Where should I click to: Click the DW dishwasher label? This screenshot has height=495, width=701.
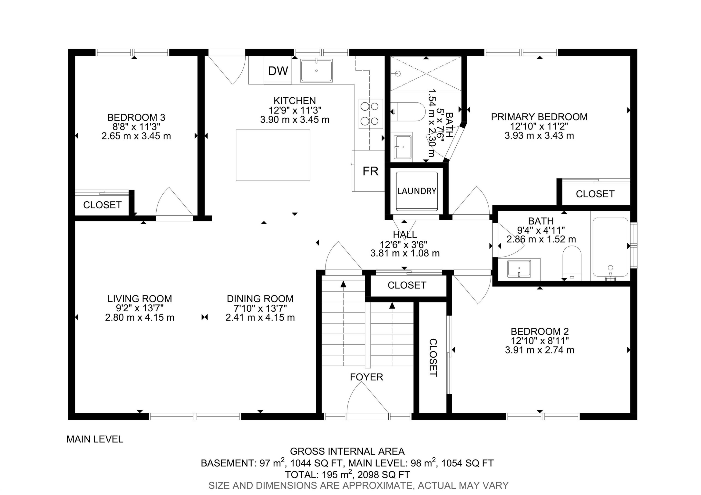tap(278, 71)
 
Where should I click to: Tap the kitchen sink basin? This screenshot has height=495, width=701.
tap(316, 71)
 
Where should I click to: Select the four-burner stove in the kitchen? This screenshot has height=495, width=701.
tap(371, 114)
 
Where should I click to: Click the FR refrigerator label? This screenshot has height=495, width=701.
tap(370, 171)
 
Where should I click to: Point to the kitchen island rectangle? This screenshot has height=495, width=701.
tap(273, 155)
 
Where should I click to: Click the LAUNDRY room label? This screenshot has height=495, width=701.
tap(417, 191)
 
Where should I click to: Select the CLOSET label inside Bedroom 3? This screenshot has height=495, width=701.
tap(102, 205)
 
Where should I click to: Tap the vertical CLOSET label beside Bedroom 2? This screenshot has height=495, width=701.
tap(433, 357)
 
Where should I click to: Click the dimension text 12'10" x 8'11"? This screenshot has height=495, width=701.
tap(540, 341)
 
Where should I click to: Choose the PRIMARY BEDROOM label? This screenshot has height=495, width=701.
tap(539, 117)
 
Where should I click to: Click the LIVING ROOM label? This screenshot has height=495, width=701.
tap(139, 299)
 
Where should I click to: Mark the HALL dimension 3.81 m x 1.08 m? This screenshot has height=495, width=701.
tap(405, 253)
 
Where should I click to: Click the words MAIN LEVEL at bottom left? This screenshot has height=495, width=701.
tap(95, 439)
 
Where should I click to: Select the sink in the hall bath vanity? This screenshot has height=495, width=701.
tap(519, 269)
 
